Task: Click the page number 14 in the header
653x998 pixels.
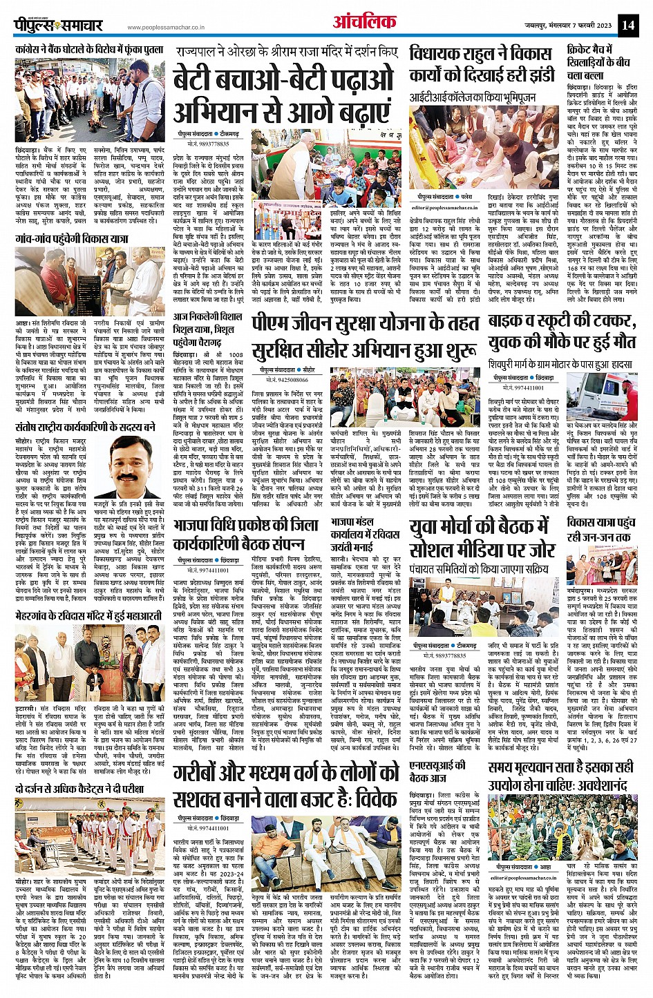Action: [x=627, y=25]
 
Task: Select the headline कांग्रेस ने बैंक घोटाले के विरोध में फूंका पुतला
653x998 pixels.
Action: [x=90, y=50]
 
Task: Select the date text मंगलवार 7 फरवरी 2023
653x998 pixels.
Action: [x=575, y=26]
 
